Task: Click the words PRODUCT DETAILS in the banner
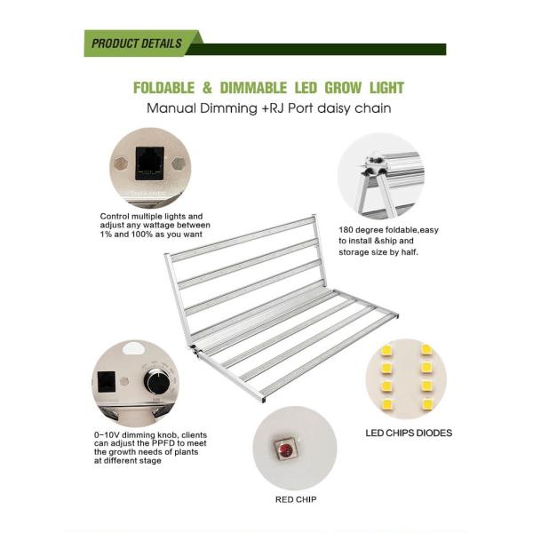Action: [137, 44]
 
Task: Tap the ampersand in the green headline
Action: [207, 88]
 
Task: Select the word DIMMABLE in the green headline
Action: [253, 88]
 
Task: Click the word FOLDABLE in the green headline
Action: [163, 88]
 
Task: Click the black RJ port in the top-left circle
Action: [149, 163]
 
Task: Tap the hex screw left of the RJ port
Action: [120, 163]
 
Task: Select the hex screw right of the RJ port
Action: [179, 163]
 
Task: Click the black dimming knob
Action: [156, 381]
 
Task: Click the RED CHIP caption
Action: [296, 499]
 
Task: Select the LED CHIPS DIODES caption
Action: [409, 433]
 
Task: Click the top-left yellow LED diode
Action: [386, 350]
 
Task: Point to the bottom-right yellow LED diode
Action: [426, 404]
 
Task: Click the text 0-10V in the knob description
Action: [107, 435]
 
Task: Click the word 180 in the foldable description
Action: [346, 230]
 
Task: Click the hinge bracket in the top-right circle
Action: [375, 167]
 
